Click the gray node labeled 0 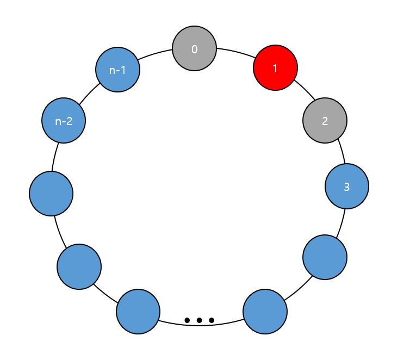195,48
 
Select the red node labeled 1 276,68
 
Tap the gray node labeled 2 325,120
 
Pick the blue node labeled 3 347,187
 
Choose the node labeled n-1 117,69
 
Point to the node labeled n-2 64,120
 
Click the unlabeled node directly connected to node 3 325,257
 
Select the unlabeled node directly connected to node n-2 51,194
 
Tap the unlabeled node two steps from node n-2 79,266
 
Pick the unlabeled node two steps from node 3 265,312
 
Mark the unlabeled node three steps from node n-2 138,312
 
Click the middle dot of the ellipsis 200,320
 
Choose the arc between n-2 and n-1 89,94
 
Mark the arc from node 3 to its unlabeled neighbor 341,222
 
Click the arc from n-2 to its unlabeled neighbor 55,157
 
